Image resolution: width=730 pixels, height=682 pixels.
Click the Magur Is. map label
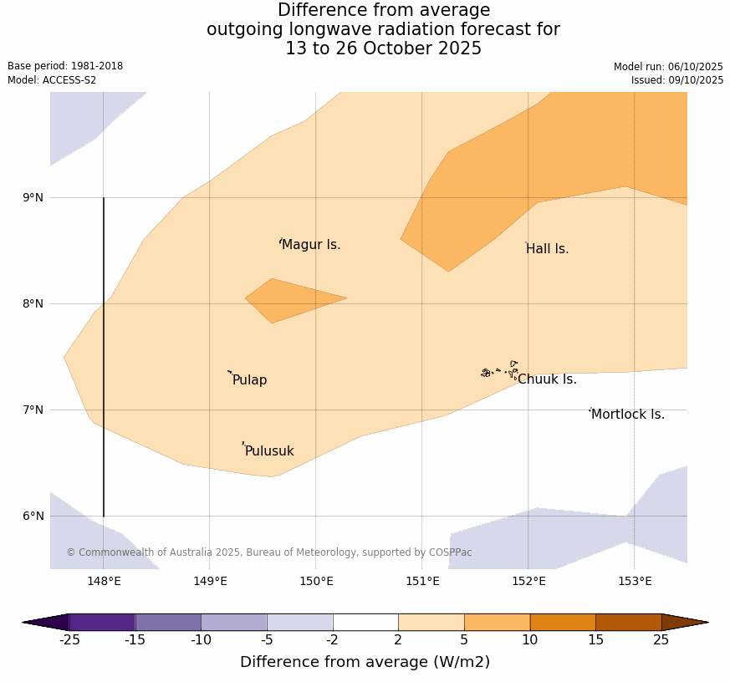[311, 245]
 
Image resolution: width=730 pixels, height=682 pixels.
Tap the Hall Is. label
[548, 249]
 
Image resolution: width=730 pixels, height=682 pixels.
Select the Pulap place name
[249, 380]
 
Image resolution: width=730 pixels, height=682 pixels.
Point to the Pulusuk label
[269, 451]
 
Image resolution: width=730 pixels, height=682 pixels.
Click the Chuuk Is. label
[547, 379]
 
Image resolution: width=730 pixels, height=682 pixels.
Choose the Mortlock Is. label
[627, 415]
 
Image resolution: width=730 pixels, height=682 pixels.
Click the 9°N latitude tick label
[33, 197]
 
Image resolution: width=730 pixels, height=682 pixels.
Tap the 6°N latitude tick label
[33, 516]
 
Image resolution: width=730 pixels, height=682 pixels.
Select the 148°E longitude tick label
[104, 581]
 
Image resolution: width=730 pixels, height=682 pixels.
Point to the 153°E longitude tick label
[635, 581]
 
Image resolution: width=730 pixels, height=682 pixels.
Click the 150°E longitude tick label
[316, 581]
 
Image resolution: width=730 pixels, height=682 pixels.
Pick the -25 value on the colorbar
[69, 640]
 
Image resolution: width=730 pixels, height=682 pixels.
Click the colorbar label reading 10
[530, 640]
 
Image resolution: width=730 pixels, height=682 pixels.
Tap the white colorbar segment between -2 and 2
[365, 622]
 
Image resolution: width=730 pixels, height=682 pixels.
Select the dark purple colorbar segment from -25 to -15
[102, 622]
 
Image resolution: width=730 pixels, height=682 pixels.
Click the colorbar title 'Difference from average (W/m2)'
[365, 662]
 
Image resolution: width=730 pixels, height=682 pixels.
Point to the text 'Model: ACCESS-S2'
[52, 80]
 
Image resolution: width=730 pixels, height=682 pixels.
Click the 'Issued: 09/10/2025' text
[676, 80]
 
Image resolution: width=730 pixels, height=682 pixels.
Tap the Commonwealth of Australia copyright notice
[269, 552]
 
